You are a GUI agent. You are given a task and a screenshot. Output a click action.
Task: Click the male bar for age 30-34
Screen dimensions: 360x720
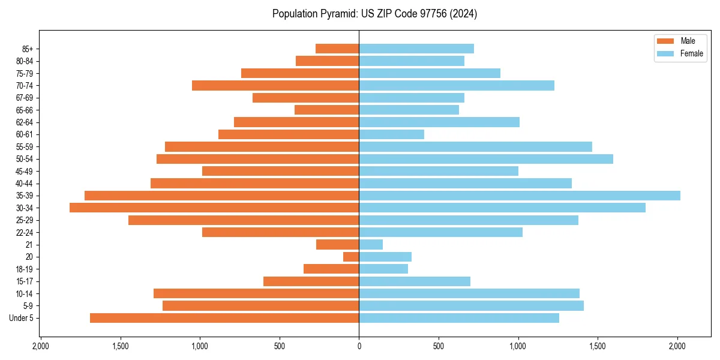[x=214, y=208]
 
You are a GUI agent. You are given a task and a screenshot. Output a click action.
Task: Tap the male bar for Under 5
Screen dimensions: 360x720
[x=224, y=318]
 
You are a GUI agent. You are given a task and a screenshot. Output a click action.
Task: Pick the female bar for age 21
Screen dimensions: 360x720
[x=371, y=245]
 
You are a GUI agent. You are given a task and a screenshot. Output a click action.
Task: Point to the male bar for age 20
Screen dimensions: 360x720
[x=351, y=257]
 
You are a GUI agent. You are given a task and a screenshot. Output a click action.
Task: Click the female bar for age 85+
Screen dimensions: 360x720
[x=416, y=49]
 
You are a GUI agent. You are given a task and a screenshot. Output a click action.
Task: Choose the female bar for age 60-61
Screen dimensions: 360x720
[x=392, y=134]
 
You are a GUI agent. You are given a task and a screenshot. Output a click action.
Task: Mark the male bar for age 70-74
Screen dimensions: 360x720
[x=275, y=86]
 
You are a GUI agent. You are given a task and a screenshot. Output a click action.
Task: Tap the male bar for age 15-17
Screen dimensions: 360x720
[x=311, y=281]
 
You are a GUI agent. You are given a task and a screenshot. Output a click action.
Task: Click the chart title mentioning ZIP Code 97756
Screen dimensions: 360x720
[x=374, y=14]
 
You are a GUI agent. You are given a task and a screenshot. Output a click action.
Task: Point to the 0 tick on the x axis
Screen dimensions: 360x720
[x=359, y=346]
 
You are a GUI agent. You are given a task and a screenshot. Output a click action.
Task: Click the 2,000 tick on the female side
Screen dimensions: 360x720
[x=677, y=346]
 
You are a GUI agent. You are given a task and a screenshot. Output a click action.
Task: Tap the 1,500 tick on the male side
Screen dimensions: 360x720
[x=121, y=346]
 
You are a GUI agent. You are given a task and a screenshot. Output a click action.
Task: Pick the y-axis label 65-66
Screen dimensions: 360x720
[x=25, y=110]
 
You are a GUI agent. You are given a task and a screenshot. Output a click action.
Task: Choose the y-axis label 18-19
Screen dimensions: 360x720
[x=25, y=269]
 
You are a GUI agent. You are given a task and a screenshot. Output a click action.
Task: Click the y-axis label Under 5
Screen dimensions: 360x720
[x=22, y=318]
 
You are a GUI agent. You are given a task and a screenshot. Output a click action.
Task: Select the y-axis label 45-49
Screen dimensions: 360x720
[x=25, y=171]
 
